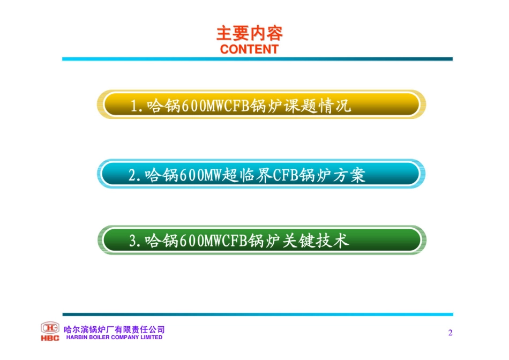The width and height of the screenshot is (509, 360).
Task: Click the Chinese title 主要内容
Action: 249,34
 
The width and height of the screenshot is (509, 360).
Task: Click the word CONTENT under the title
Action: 249,49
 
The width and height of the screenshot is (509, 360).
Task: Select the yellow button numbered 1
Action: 261,104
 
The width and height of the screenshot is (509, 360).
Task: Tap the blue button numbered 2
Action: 261,174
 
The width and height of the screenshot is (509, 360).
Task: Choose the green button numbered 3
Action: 261,241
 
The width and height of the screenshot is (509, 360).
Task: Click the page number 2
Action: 450,333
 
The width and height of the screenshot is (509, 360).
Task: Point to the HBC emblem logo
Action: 50,327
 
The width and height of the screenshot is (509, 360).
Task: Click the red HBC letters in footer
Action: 50,338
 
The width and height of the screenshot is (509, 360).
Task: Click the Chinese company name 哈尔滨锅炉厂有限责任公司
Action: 114,329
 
